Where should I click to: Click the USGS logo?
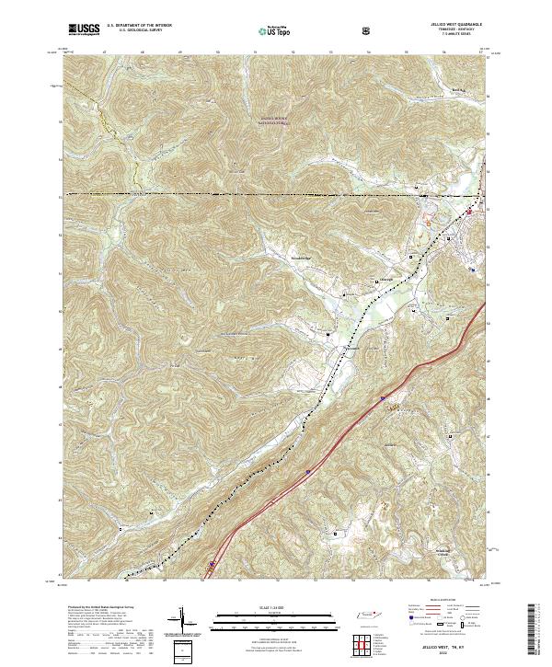[x=84, y=29]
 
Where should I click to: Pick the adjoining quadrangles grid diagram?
[x=367, y=643]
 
